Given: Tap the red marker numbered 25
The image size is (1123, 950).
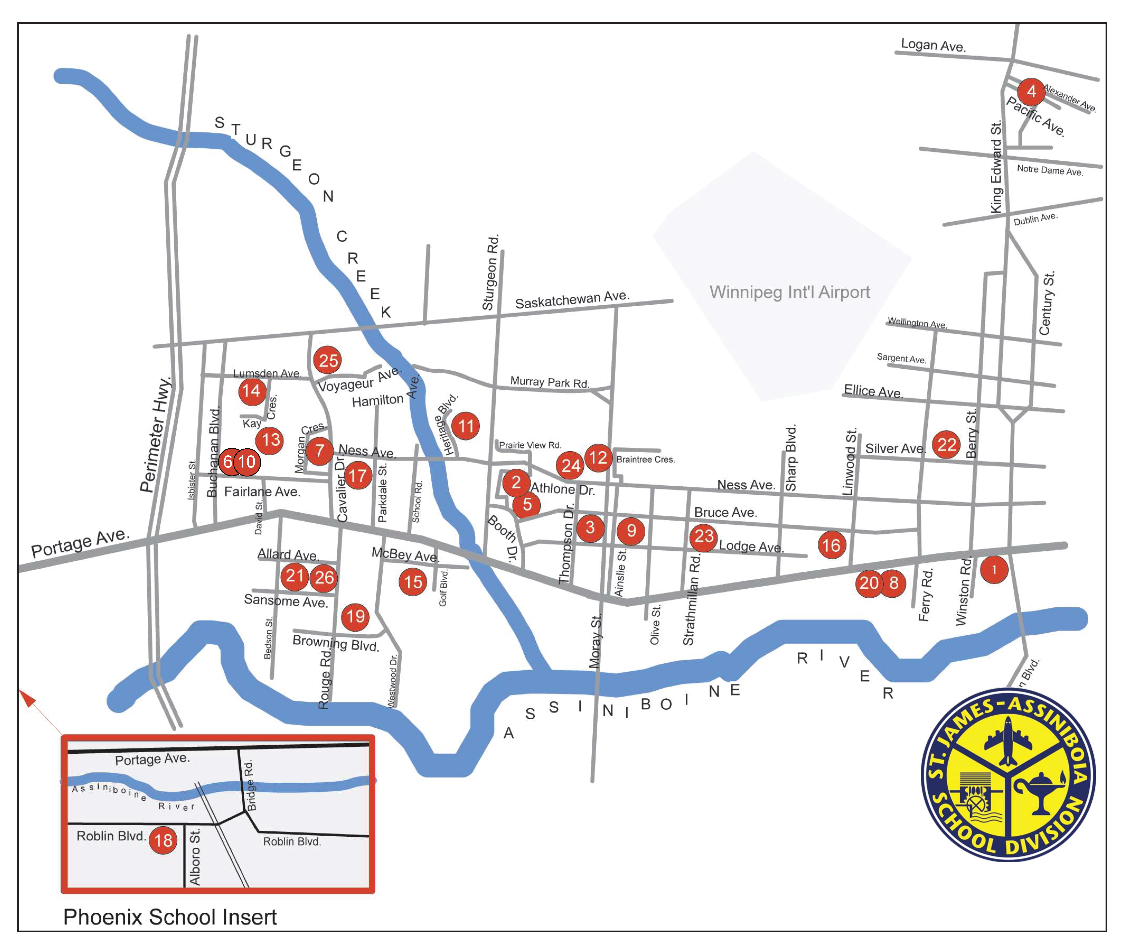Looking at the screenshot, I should (x=328, y=360).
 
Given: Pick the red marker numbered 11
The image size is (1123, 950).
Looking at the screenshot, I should (x=465, y=426).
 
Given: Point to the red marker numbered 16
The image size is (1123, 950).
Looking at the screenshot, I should (x=831, y=545).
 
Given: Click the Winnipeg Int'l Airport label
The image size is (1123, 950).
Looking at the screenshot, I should (x=789, y=292).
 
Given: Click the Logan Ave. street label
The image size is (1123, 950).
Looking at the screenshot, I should (x=933, y=45).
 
